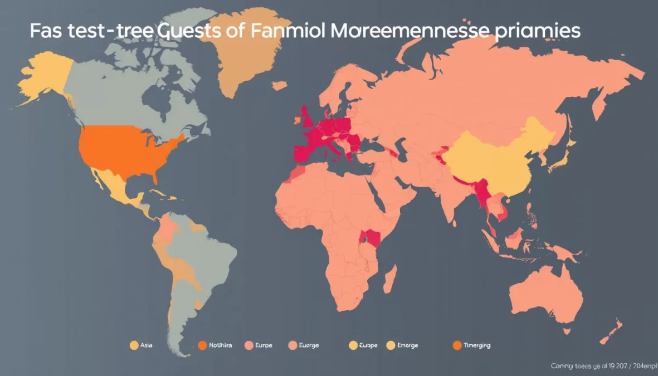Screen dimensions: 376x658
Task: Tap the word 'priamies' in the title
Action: pos(537,32)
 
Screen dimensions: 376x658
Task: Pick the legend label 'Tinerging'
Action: pos(477,345)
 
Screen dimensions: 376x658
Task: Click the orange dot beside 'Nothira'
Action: pos(202,345)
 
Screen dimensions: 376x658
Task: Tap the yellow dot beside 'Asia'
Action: pos(134,345)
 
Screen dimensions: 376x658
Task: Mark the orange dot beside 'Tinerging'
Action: pos(457,345)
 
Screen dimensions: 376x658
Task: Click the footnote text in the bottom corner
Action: pos(603,366)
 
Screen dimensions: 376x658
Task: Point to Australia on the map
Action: pos(546,292)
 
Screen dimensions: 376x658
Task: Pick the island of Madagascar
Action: pos(391,279)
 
